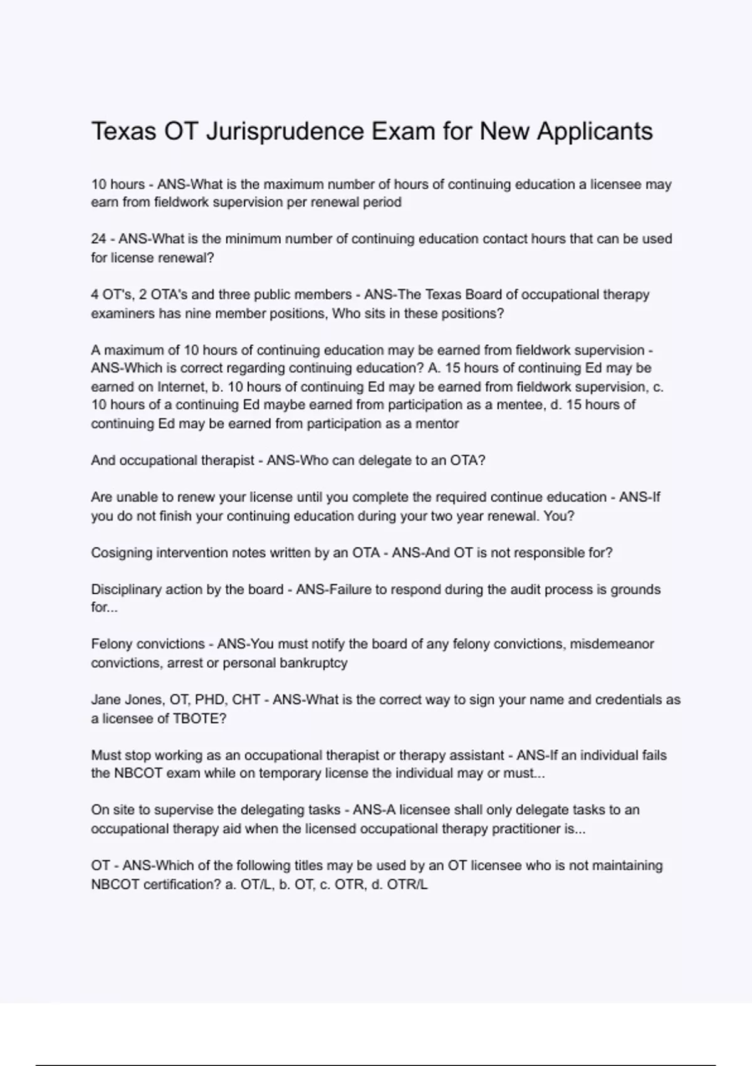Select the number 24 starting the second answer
click(98, 239)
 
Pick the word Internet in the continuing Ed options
click(181, 387)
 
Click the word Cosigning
click(122, 553)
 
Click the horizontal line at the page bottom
click(376, 1065)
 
